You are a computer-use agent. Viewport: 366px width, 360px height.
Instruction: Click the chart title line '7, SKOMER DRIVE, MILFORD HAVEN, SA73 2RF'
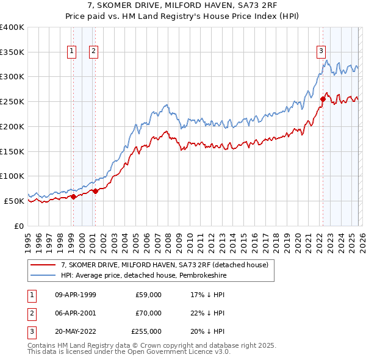(x=183, y=5)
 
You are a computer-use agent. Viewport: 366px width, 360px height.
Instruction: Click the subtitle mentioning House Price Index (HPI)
(x=183, y=16)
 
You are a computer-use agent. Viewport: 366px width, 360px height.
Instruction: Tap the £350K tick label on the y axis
(x=12, y=52)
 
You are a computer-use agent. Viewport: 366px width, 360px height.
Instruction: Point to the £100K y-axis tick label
(x=12, y=176)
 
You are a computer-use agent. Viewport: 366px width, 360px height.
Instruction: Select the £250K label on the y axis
(x=12, y=101)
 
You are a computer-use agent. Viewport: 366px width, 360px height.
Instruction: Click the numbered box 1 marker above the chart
(x=73, y=51)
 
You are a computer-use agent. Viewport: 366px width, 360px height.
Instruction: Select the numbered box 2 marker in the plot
(x=93, y=51)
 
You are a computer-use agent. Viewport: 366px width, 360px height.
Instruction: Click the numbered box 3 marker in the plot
(x=321, y=51)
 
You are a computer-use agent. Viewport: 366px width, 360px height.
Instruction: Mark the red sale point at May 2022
(x=323, y=99)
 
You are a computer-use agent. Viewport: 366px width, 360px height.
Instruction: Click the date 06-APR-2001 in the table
(x=76, y=313)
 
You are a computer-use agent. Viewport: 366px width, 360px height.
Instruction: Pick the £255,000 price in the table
(x=146, y=331)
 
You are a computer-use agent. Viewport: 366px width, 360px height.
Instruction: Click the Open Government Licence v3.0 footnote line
(x=129, y=352)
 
